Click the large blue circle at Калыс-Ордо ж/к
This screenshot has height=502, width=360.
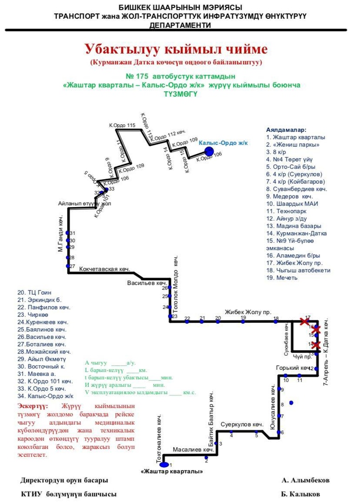coord(209,151)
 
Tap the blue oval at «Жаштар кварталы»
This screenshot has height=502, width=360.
coord(163,464)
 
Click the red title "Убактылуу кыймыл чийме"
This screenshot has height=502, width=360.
coord(176,49)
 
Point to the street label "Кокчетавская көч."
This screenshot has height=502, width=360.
coord(104,268)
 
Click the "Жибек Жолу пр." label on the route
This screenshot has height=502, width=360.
coord(248,312)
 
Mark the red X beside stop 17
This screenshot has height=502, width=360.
coord(304,321)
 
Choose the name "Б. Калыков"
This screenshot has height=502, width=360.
coord(300,494)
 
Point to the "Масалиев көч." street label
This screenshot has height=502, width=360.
coord(193,450)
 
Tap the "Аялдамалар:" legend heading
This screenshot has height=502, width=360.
coord(287,130)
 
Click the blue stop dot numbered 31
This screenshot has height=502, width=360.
coord(67,233)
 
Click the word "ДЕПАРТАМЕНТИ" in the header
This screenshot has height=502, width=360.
coord(180,25)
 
